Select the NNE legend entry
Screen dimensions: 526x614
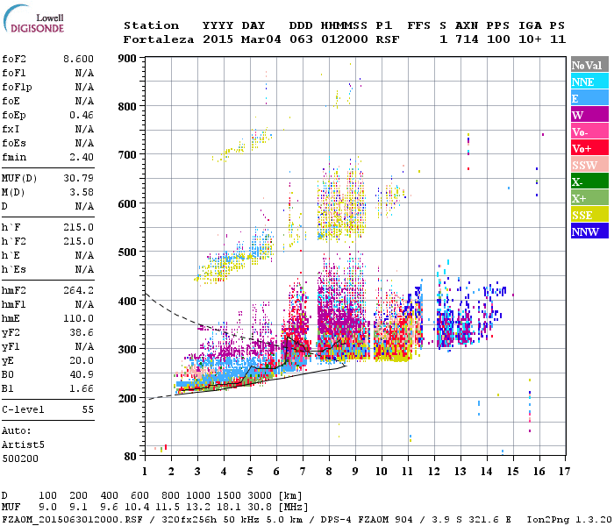pos(582,82)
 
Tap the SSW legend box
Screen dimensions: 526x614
pos(584,166)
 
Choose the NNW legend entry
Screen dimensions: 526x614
pos(584,232)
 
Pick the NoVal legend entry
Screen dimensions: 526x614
pos(586,65)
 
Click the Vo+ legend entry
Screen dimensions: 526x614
pos(582,149)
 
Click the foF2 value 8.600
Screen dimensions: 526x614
pos(78,58)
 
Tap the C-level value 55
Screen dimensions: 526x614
pos(87,409)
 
